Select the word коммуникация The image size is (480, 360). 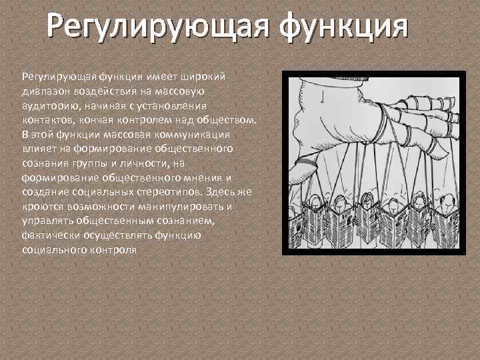tap(199, 133)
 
